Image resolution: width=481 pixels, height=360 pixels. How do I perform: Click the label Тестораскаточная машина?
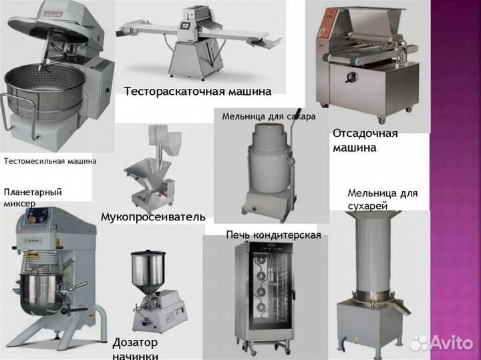click(x=198, y=92)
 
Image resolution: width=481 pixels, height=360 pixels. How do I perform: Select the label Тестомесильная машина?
click(x=49, y=161)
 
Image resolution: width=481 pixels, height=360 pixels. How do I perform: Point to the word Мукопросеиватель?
click(x=152, y=217)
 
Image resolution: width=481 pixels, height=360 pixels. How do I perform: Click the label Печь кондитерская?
click(x=273, y=234)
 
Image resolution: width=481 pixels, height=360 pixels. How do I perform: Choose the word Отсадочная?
click(x=365, y=133)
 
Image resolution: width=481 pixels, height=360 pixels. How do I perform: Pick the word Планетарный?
click(x=33, y=192)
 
